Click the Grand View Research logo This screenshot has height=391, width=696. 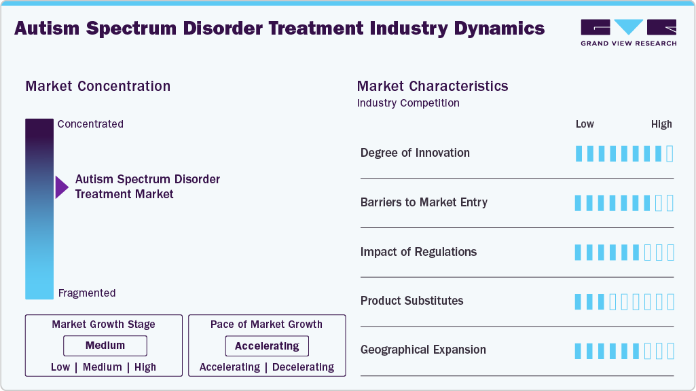coord(628,32)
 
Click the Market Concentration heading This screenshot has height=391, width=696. coord(98,86)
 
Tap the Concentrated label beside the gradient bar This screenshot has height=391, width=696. coord(90,124)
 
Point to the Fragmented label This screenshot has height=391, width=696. coord(87,293)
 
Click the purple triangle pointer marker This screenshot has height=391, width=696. coord(62,187)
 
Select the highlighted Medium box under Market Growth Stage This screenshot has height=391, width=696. coord(105,346)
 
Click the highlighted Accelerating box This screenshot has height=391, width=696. coord(267,346)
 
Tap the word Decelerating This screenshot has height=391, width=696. coord(303,367)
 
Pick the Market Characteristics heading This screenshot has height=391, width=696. coord(433,86)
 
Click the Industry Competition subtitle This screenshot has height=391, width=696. coord(408,103)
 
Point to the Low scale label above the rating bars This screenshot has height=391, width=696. coord(585,124)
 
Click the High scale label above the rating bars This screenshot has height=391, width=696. coord(661,124)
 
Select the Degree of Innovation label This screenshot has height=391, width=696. coord(415,153)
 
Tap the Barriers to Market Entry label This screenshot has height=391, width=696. coord(424,202)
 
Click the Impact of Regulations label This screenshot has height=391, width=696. coord(418,252)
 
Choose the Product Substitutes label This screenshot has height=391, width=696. coord(411,301)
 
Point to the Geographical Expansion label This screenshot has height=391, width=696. coord(423,350)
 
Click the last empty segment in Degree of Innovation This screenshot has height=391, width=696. coord(670,153)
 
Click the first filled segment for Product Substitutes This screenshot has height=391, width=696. coord(579,301)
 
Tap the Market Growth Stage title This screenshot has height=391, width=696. coord(103,324)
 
